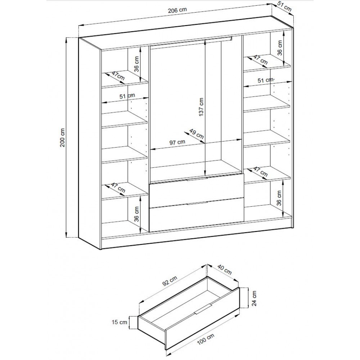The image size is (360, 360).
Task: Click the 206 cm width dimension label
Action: click(177, 10)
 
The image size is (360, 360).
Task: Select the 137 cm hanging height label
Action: click(201, 107)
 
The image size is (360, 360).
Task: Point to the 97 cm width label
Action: click(177, 142)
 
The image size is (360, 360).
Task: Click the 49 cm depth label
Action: click(196, 134)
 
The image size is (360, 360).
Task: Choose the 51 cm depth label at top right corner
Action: click(284, 7)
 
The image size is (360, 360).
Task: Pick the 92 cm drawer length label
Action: click(170, 281)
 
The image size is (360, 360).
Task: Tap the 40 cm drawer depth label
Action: click(224, 270)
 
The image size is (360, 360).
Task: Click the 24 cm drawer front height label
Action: click(254, 298)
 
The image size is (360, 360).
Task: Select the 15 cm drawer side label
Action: click(120, 322)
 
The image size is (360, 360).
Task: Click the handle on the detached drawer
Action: click(202, 309)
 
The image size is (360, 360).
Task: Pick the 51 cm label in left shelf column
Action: click(127, 96)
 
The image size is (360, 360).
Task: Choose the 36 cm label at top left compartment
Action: click(137, 64)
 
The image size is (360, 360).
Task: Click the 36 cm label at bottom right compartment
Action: click(279, 198)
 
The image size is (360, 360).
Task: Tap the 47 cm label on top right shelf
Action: click(260, 60)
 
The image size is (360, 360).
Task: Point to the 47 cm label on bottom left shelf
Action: click(118, 188)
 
